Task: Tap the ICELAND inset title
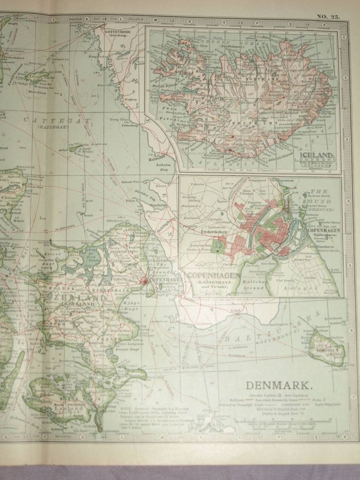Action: (316, 155)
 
